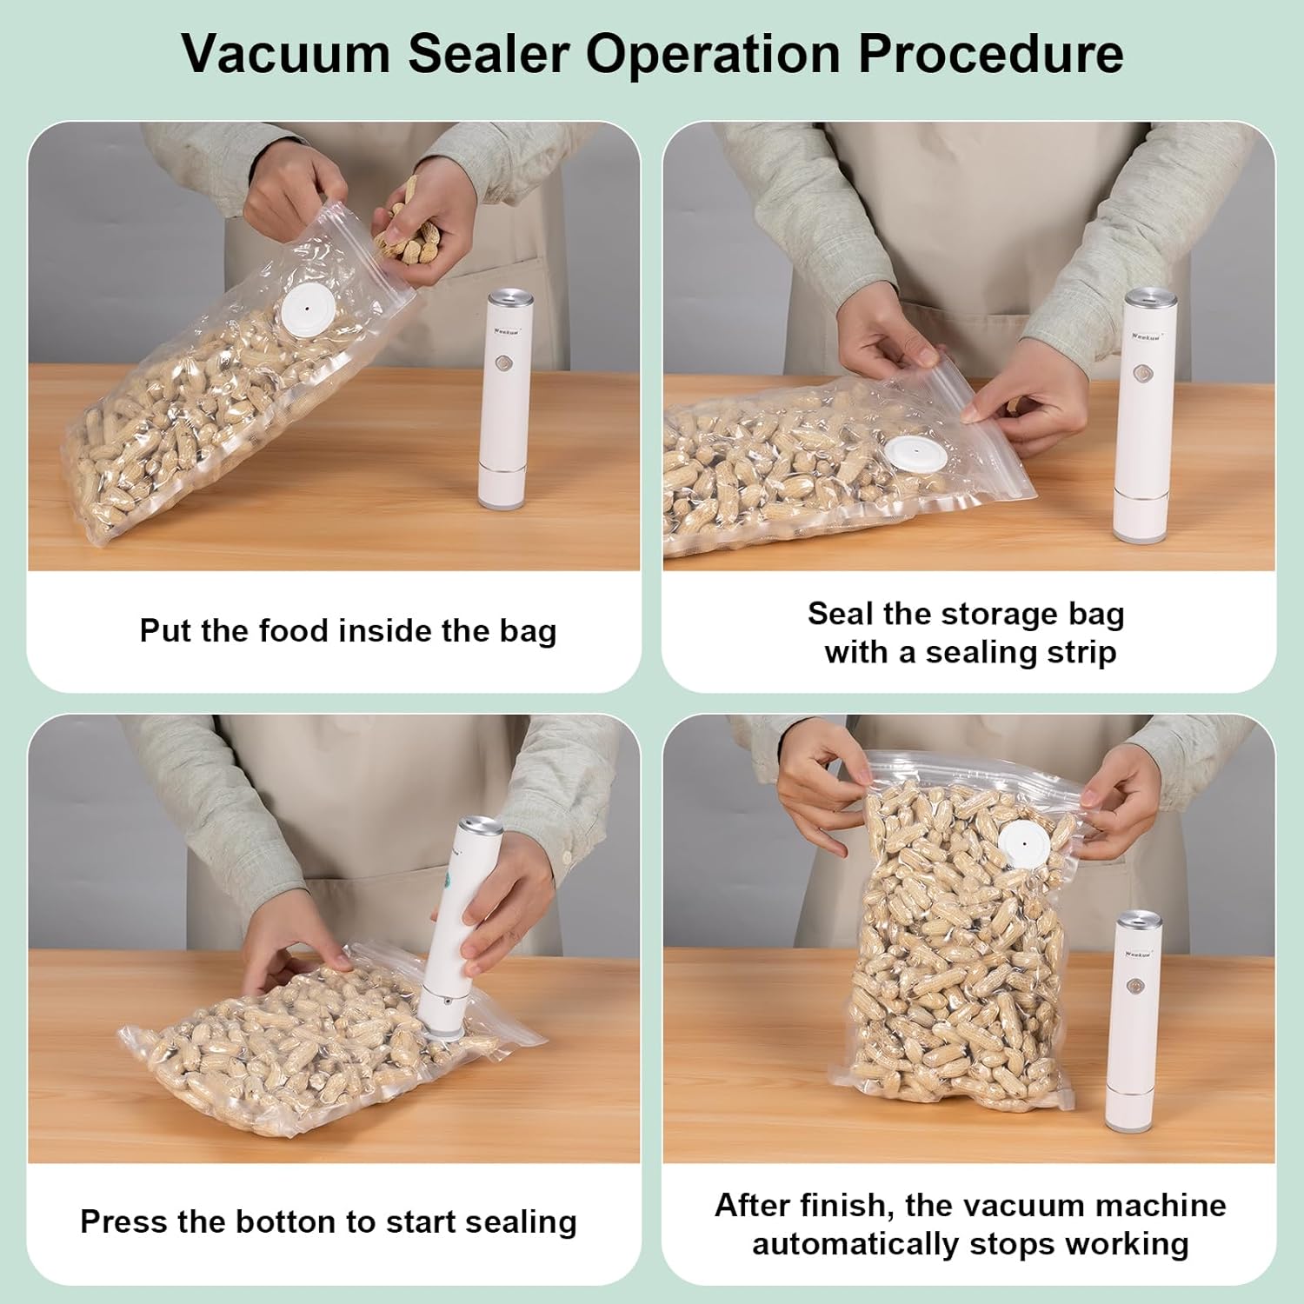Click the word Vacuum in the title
tap(288, 54)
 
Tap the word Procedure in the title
tap(990, 54)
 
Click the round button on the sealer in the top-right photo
tap(1140, 376)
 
